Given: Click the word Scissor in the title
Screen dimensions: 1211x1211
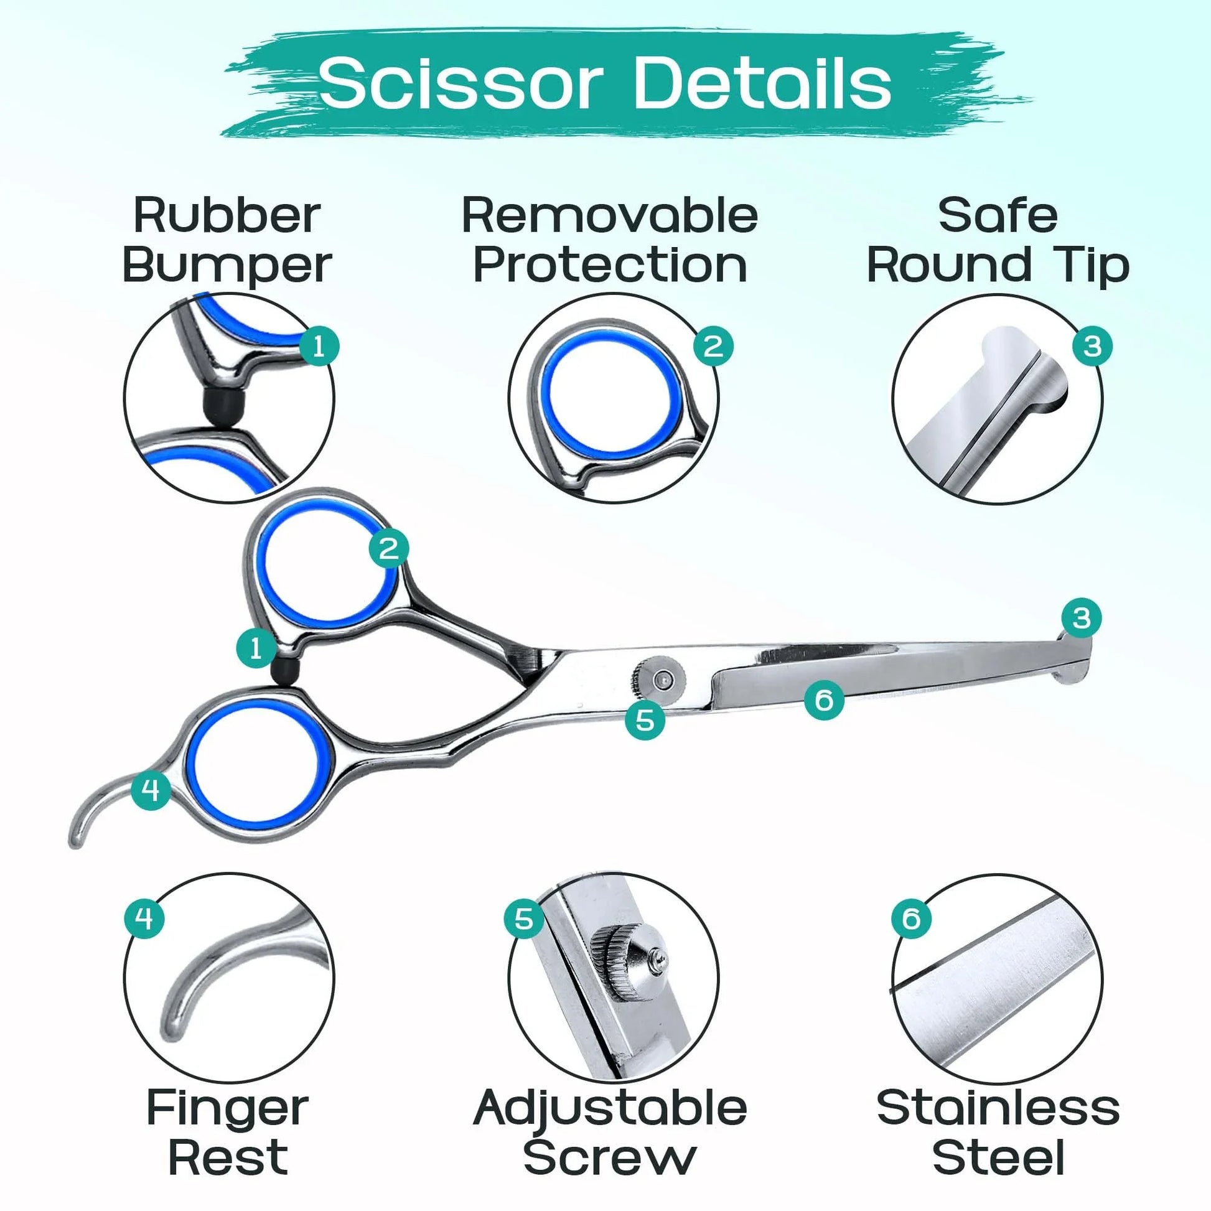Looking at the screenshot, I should (x=461, y=83).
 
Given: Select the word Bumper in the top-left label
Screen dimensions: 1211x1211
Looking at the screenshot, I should (x=227, y=266).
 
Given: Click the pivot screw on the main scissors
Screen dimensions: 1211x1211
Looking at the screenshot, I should (x=661, y=680).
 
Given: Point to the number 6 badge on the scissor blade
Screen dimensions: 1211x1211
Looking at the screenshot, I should (x=825, y=699).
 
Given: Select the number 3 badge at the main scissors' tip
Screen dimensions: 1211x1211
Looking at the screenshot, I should (x=1082, y=618).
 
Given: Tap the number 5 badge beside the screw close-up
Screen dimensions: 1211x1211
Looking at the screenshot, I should (x=524, y=919).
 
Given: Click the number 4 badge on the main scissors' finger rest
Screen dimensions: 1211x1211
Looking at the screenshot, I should (x=151, y=790).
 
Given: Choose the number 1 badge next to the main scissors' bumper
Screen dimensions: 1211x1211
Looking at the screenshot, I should (x=256, y=647).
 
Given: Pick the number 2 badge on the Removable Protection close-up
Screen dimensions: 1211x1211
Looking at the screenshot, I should (x=713, y=346).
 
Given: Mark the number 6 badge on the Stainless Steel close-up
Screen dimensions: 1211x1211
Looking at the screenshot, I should (x=912, y=919).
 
